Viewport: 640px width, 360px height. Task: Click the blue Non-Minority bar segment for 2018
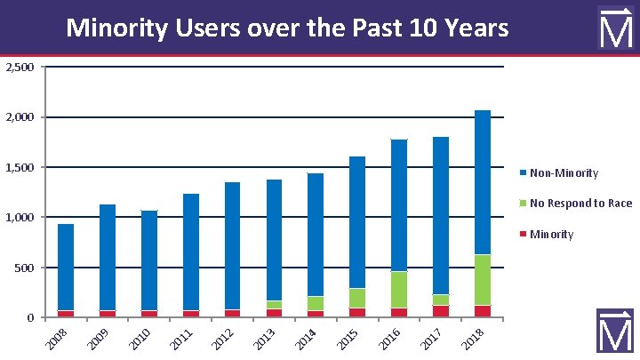483,182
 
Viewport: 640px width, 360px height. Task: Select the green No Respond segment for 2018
483,280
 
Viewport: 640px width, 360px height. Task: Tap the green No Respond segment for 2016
399,290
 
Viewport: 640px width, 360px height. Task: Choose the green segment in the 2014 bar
316,303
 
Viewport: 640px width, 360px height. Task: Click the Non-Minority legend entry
564,173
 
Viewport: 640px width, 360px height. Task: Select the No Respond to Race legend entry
580,204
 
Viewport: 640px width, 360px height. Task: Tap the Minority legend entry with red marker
551,235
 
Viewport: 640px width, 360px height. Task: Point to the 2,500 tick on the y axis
19,68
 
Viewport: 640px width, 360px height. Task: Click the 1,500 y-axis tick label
19,168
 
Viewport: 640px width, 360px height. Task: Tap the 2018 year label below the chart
472,339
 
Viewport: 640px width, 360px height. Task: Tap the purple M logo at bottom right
614,332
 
